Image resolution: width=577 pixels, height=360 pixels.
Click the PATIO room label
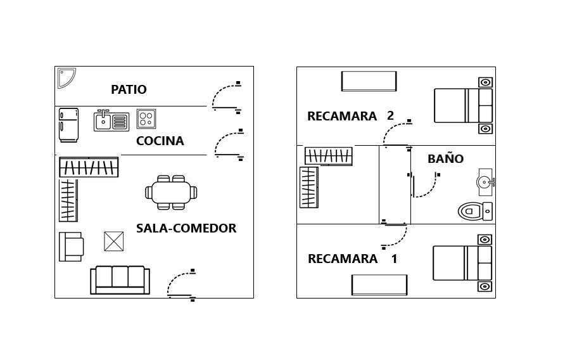[x=129, y=89]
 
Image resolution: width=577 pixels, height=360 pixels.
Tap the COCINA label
[x=160, y=141]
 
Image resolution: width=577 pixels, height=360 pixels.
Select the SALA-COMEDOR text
[x=186, y=228]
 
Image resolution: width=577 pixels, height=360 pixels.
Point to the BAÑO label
[x=445, y=158]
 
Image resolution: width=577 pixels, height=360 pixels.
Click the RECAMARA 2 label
[x=350, y=116]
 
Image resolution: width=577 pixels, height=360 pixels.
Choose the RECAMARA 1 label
[x=353, y=259]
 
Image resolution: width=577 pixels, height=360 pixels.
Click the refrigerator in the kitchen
[x=69, y=125]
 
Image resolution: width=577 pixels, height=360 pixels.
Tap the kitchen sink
[x=111, y=120]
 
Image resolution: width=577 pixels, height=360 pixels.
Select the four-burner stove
[x=146, y=119]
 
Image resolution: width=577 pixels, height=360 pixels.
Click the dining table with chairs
[x=171, y=192]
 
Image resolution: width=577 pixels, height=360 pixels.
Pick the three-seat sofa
[x=120, y=280]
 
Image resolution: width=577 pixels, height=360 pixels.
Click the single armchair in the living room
[x=71, y=247]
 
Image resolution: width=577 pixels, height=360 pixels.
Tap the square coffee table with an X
[x=114, y=241]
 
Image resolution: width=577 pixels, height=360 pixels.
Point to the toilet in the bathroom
[x=475, y=211]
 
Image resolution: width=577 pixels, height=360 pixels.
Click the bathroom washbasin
[x=485, y=182]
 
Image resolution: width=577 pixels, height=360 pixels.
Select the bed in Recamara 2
[x=463, y=105]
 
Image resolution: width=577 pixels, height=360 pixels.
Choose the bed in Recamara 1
[x=462, y=263]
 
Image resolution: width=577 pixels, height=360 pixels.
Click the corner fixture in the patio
[x=66, y=77]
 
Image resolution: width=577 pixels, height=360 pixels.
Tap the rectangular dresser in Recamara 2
[x=369, y=81]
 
